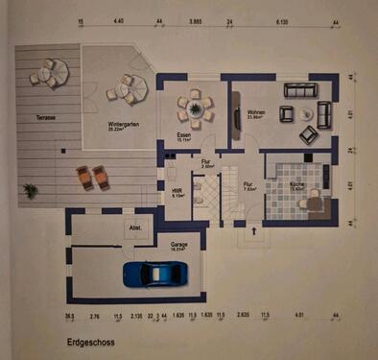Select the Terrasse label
pyautogui.click(x=46, y=117)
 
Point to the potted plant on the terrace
pyautogui.click(x=31, y=190)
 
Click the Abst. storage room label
pyautogui.click(x=135, y=228)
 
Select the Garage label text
pyautogui.click(x=177, y=244)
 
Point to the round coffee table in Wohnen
pyautogui.click(x=307, y=112)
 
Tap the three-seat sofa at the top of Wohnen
pyautogui.click(x=298, y=89)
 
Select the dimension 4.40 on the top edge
pyautogui.click(x=118, y=19)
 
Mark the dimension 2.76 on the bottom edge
pyautogui.click(x=94, y=314)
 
